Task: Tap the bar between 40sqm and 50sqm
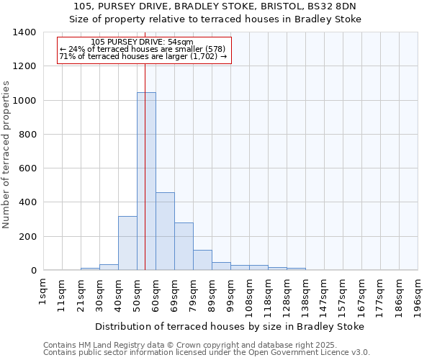pyautogui.click(x=127, y=243)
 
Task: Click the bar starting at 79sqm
pyautogui.click(x=202, y=260)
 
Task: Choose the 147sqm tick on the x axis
pyautogui.click(x=324, y=294)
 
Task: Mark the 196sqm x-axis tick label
pyautogui.click(x=418, y=294)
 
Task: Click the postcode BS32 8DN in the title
pyautogui.click(x=342, y=6)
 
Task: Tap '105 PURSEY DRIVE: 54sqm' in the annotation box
pyautogui.click(x=143, y=42)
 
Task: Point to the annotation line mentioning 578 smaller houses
pyautogui.click(x=143, y=49)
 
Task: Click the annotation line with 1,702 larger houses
pyautogui.click(x=143, y=56)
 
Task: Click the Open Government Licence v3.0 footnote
pyautogui.click(x=206, y=353)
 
